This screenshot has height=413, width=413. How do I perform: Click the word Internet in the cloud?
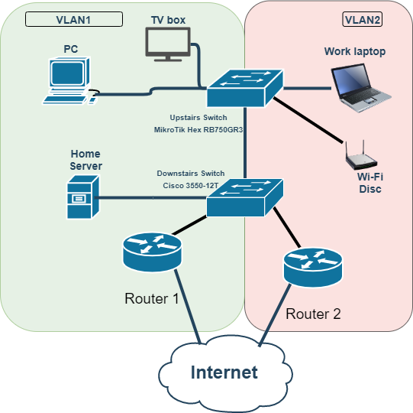224,372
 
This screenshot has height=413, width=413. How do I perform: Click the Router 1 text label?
151,298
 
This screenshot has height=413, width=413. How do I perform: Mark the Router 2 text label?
313,314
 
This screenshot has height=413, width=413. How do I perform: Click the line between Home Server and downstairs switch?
153,198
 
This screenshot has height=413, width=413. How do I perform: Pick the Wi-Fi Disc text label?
370,183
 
